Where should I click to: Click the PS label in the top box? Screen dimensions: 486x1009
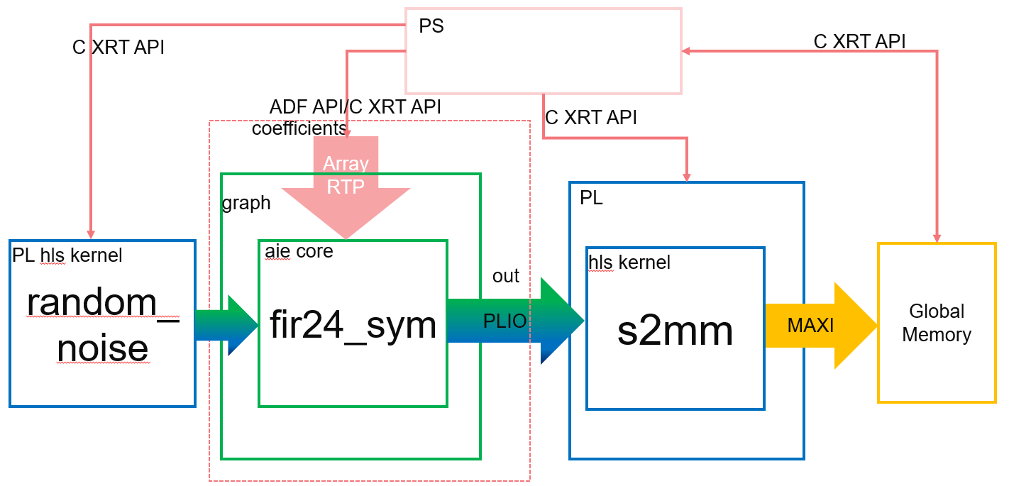click(431, 27)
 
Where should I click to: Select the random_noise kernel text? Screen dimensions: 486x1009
click(102, 325)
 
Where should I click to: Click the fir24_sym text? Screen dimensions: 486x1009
click(353, 325)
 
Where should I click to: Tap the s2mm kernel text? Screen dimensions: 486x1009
click(675, 330)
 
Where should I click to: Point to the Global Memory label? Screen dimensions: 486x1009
click(936, 323)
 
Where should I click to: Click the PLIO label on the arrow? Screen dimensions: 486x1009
click(504, 321)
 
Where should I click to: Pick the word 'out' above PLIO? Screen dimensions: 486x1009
click(506, 276)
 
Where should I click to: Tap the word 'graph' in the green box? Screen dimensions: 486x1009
click(246, 203)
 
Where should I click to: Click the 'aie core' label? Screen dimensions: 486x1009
click(299, 250)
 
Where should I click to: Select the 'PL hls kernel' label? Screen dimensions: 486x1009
click(67, 255)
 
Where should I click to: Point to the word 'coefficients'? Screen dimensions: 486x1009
click(299, 129)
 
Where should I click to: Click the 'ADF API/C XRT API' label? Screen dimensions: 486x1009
click(355, 107)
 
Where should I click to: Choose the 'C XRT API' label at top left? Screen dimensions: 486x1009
click(118, 48)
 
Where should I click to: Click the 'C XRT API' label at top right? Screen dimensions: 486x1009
click(859, 41)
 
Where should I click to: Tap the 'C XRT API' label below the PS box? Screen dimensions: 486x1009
click(591, 117)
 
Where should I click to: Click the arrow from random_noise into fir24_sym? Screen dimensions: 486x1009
click(226, 325)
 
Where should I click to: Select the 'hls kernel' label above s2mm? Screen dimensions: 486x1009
click(629, 263)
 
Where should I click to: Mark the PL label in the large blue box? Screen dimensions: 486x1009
click(591, 198)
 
